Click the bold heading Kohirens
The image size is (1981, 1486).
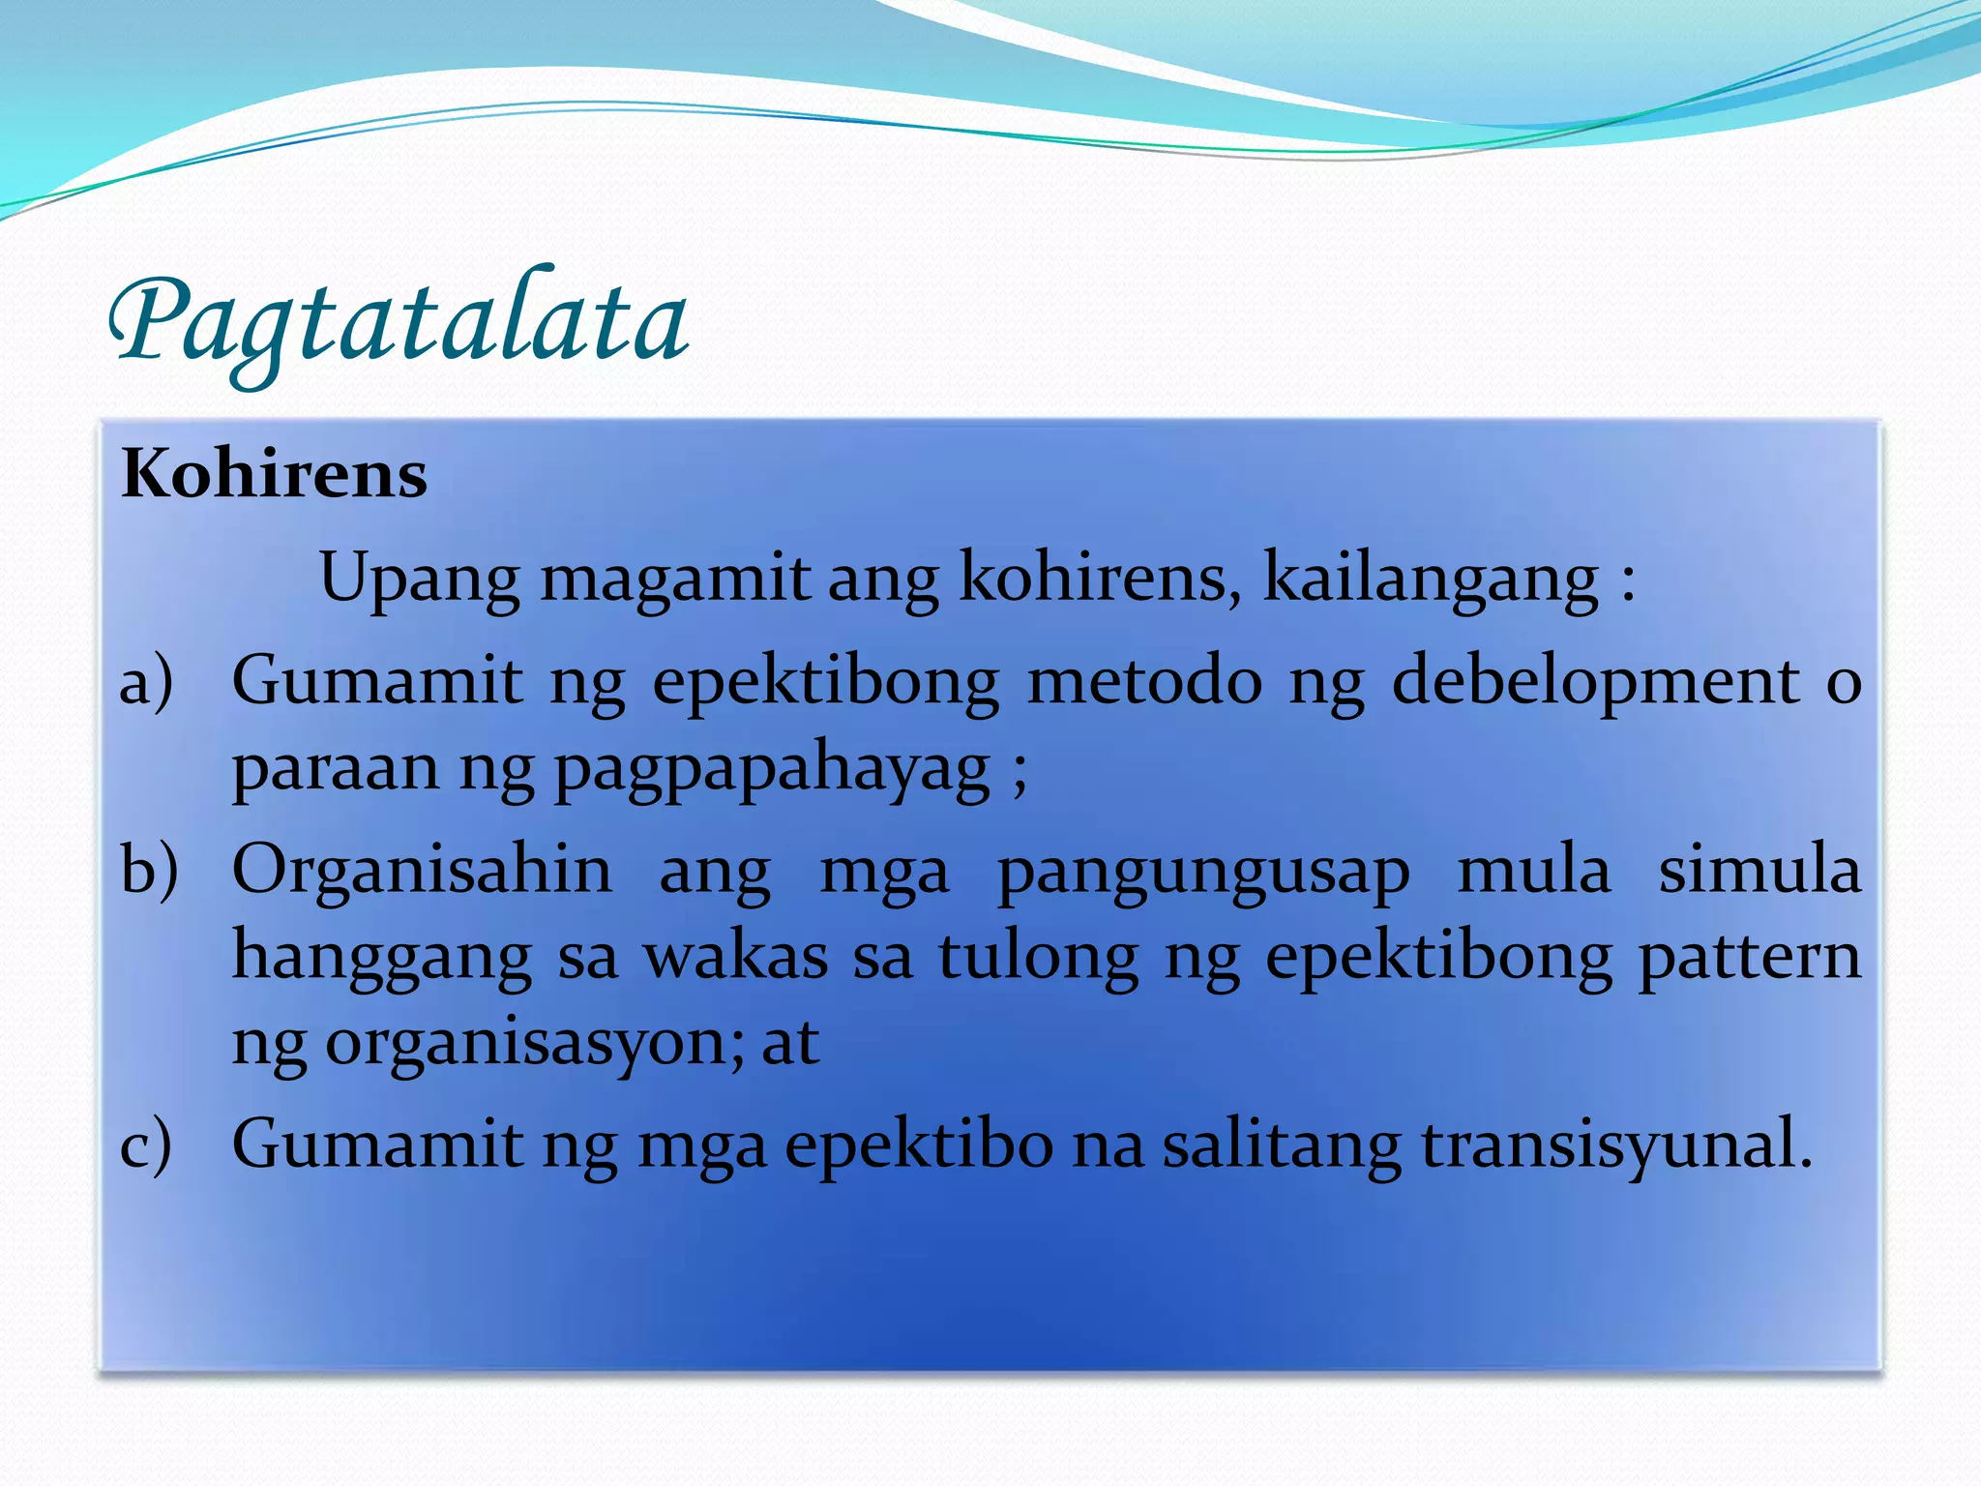275,475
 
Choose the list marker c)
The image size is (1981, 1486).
146,1145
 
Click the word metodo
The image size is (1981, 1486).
1144,680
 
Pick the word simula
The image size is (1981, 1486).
1759,870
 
